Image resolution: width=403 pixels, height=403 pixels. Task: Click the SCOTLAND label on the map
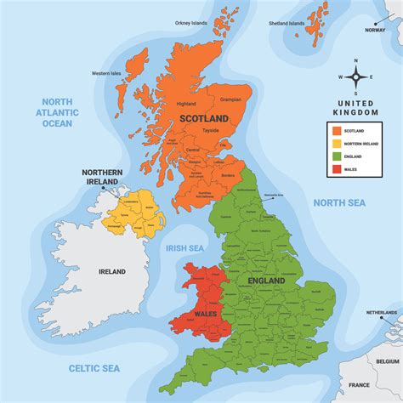tap(203, 117)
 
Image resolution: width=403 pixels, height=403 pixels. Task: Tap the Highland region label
tap(186, 104)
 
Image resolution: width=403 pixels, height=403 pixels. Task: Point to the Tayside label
tap(210, 130)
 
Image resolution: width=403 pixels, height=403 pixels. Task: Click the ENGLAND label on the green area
tap(266, 280)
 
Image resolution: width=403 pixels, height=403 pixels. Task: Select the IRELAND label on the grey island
tap(112, 271)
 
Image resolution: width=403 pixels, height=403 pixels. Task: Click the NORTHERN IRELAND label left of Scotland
tap(103, 178)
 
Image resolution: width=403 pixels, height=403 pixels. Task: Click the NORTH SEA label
tap(339, 202)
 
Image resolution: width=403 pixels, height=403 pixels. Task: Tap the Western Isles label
tap(108, 73)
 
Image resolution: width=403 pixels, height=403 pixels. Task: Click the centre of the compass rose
tap(356, 77)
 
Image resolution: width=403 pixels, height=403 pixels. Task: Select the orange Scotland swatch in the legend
tap(338, 131)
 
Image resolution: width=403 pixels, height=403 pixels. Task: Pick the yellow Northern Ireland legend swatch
tap(338, 144)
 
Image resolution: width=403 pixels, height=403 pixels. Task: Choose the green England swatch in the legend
tap(338, 156)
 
